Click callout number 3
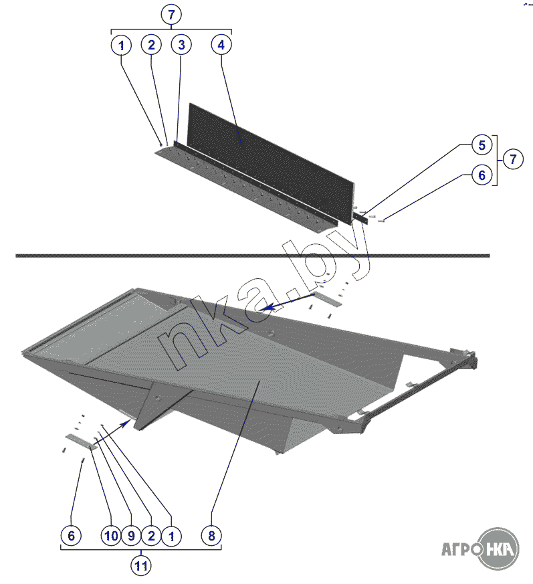point(181,45)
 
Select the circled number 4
point(221,45)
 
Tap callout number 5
point(482,145)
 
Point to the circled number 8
point(211,536)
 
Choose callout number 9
point(131,536)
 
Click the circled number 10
point(111,536)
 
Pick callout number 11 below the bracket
point(141,566)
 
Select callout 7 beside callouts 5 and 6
point(513,159)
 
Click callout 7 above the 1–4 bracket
point(171,15)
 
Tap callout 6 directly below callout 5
point(482,175)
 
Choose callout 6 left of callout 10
point(71,536)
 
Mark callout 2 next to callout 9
point(151,536)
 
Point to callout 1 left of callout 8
point(171,536)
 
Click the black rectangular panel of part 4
point(271,164)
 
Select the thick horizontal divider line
point(253,256)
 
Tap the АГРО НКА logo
point(480,549)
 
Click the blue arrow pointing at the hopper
point(288,302)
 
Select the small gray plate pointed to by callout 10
point(81,442)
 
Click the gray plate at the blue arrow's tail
point(328,299)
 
